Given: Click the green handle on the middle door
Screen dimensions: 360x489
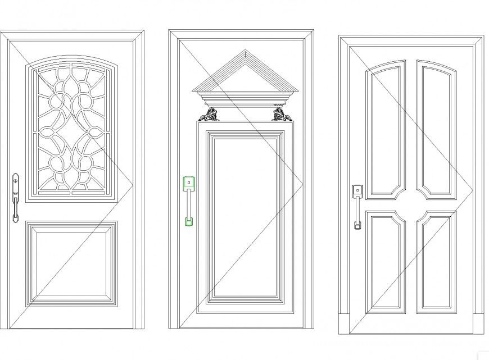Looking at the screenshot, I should pos(189,200).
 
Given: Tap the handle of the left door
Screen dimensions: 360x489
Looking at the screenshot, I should pos(15,198).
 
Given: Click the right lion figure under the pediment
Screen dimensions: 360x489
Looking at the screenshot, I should pos(280,115).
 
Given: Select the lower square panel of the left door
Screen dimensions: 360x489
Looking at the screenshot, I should pos(72,263).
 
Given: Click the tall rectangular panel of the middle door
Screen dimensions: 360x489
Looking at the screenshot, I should pos(245,216).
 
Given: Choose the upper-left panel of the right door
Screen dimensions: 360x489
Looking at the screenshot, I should pos(386,129).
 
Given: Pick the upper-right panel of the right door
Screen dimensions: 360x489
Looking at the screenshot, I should pos(437,129).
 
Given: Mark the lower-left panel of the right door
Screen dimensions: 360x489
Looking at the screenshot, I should pos(386,261).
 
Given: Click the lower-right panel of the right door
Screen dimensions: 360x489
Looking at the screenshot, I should pos(437,261).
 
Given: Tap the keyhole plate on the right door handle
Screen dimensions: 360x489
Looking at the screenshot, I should pos(357,190).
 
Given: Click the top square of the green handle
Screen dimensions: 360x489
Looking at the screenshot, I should pos(189,183).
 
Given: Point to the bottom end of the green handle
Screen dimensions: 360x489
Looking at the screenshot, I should pos(189,221).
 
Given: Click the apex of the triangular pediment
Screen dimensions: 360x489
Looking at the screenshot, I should pos(245,52).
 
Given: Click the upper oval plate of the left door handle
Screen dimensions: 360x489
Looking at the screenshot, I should pos(15,181).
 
